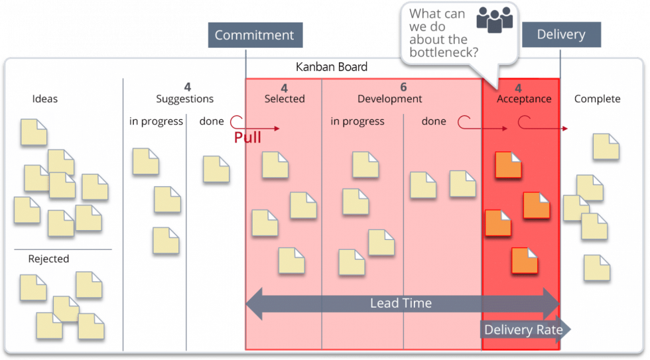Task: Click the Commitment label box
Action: pyautogui.click(x=254, y=35)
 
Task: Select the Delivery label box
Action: pyautogui.click(x=561, y=34)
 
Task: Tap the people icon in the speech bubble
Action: pyautogui.click(x=495, y=20)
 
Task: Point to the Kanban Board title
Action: pyautogui.click(x=331, y=67)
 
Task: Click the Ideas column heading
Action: pyautogui.click(x=45, y=99)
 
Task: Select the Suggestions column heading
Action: pyautogui.click(x=184, y=99)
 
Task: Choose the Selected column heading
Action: pyautogui.click(x=285, y=99)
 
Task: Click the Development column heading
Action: pyautogui.click(x=389, y=99)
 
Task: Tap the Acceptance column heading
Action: pyautogui.click(x=524, y=99)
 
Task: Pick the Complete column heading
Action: pyautogui.click(x=597, y=99)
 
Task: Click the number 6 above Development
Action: pyautogui.click(x=403, y=88)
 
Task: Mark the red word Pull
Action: pyautogui.click(x=247, y=137)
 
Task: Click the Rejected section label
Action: pyautogui.click(x=48, y=259)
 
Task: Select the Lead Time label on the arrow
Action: pyautogui.click(x=401, y=304)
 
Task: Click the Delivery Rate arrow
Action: pyautogui.click(x=524, y=330)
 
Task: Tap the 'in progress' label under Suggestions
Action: pyautogui.click(x=156, y=121)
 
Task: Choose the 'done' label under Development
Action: pyautogui.click(x=434, y=121)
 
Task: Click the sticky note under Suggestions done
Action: pyautogui.click(x=216, y=169)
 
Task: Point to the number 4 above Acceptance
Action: pyautogui.click(x=518, y=88)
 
